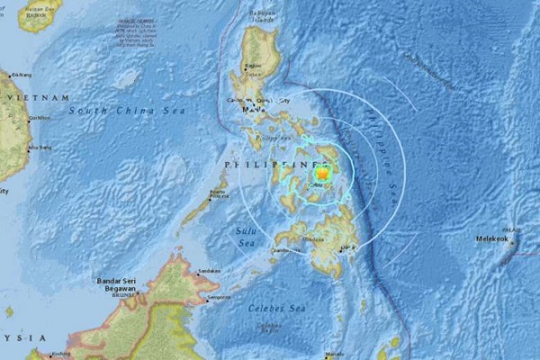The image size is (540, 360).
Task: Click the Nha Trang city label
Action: [40, 146]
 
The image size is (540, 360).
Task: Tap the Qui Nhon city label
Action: [39, 117]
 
